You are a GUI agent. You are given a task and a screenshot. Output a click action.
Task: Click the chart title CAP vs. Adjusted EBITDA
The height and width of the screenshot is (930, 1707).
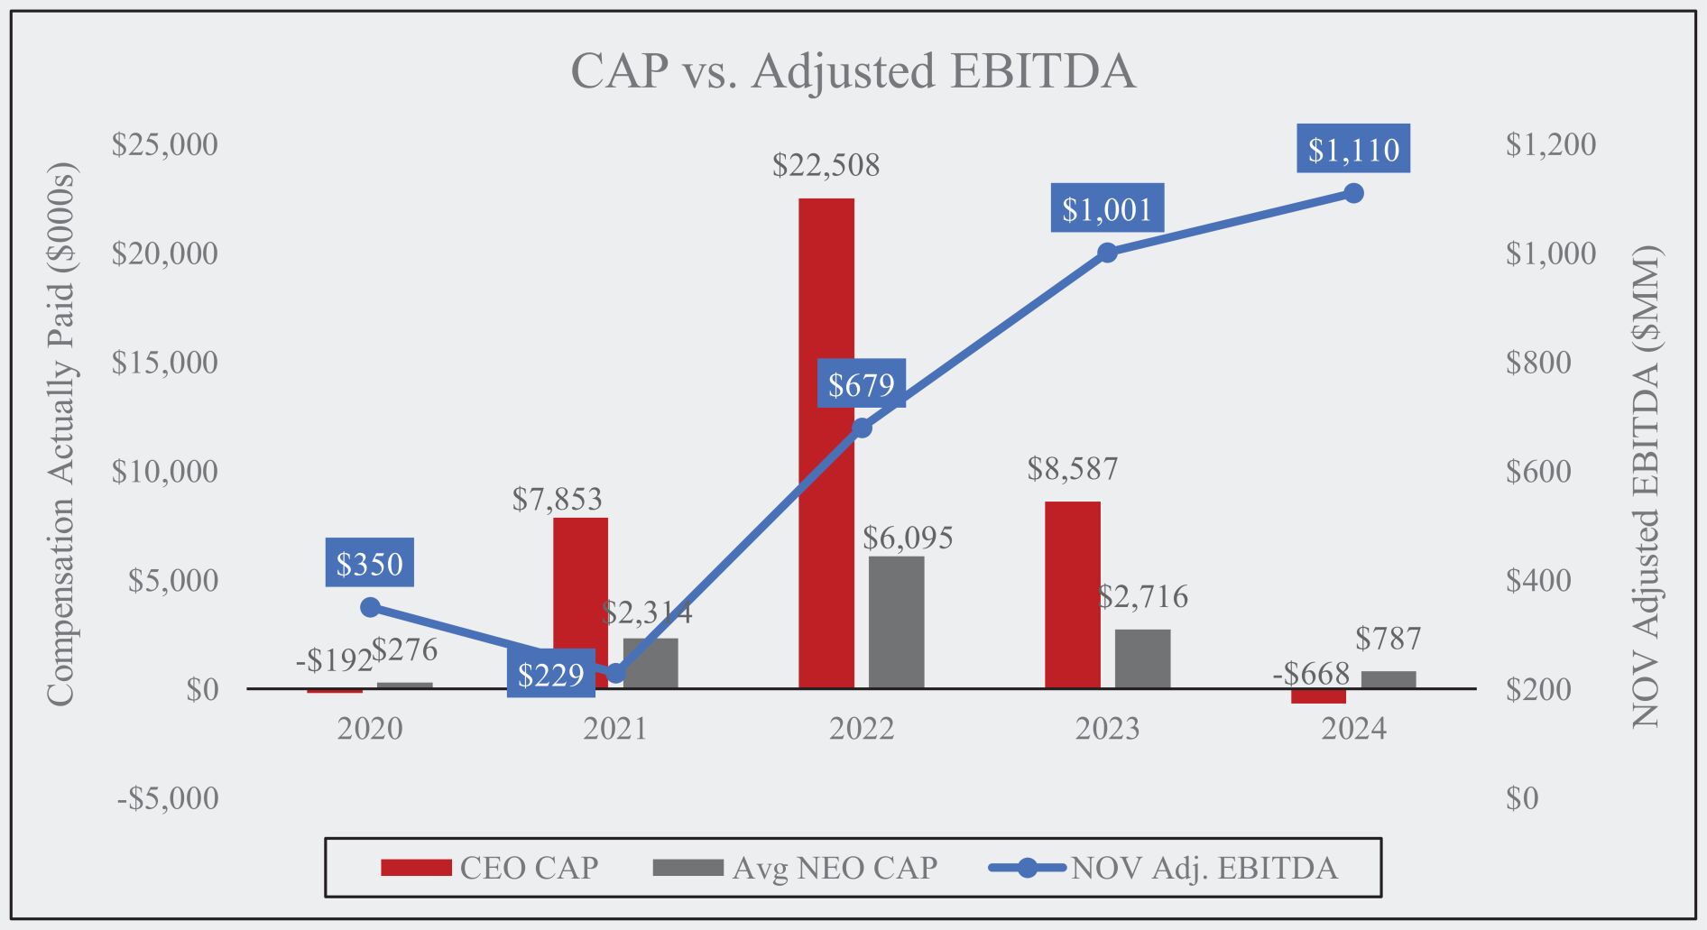(x=853, y=71)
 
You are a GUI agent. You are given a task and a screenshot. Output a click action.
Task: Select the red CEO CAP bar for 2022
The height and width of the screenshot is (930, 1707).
(x=826, y=442)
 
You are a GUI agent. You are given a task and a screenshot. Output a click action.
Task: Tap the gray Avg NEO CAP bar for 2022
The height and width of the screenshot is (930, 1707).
(x=896, y=622)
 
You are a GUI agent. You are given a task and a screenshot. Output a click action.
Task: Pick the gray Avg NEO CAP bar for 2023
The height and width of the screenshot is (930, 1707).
(x=1142, y=658)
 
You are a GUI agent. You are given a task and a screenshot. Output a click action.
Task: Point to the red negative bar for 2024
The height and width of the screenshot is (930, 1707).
(x=1318, y=696)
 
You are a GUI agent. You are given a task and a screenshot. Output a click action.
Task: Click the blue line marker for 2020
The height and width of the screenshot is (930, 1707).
(x=370, y=607)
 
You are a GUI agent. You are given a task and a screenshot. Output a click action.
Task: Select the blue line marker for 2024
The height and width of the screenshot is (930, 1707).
(x=1353, y=193)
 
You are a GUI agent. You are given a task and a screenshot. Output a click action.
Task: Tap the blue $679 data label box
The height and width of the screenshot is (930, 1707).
(x=861, y=385)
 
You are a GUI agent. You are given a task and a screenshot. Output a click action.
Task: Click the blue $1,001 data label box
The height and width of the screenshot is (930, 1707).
(x=1106, y=209)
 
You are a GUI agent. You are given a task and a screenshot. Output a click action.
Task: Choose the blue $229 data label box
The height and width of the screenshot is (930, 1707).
(x=550, y=674)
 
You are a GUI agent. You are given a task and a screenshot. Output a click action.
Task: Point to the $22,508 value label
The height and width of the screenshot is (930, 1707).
(x=826, y=165)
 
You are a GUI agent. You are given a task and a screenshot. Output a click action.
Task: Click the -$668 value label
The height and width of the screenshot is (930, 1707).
(x=1311, y=673)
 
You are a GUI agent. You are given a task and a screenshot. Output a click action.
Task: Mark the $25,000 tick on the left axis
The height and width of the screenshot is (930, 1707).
(x=164, y=144)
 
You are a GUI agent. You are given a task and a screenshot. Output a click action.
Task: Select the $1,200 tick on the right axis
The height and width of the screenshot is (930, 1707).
(x=1550, y=144)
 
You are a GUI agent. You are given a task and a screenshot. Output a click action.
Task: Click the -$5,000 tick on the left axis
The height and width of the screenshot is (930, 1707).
(x=168, y=798)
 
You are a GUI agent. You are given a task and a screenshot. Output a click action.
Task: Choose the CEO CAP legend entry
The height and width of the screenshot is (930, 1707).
(x=491, y=868)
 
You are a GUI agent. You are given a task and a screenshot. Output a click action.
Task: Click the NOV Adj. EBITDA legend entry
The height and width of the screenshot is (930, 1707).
(x=1164, y=868)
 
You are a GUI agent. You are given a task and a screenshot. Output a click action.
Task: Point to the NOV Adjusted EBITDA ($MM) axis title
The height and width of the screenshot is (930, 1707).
(x=1646, y=487)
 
